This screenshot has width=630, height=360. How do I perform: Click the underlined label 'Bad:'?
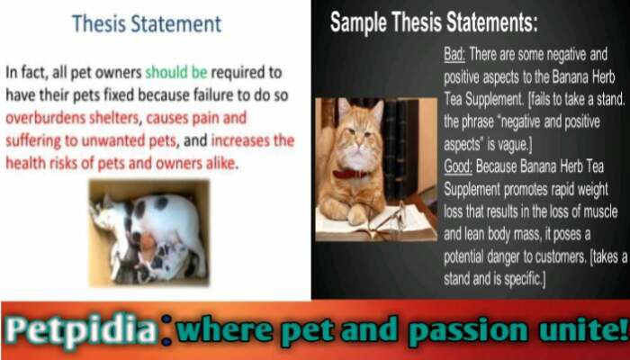coord(454,55)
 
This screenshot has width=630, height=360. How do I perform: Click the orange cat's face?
coord(359,130)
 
